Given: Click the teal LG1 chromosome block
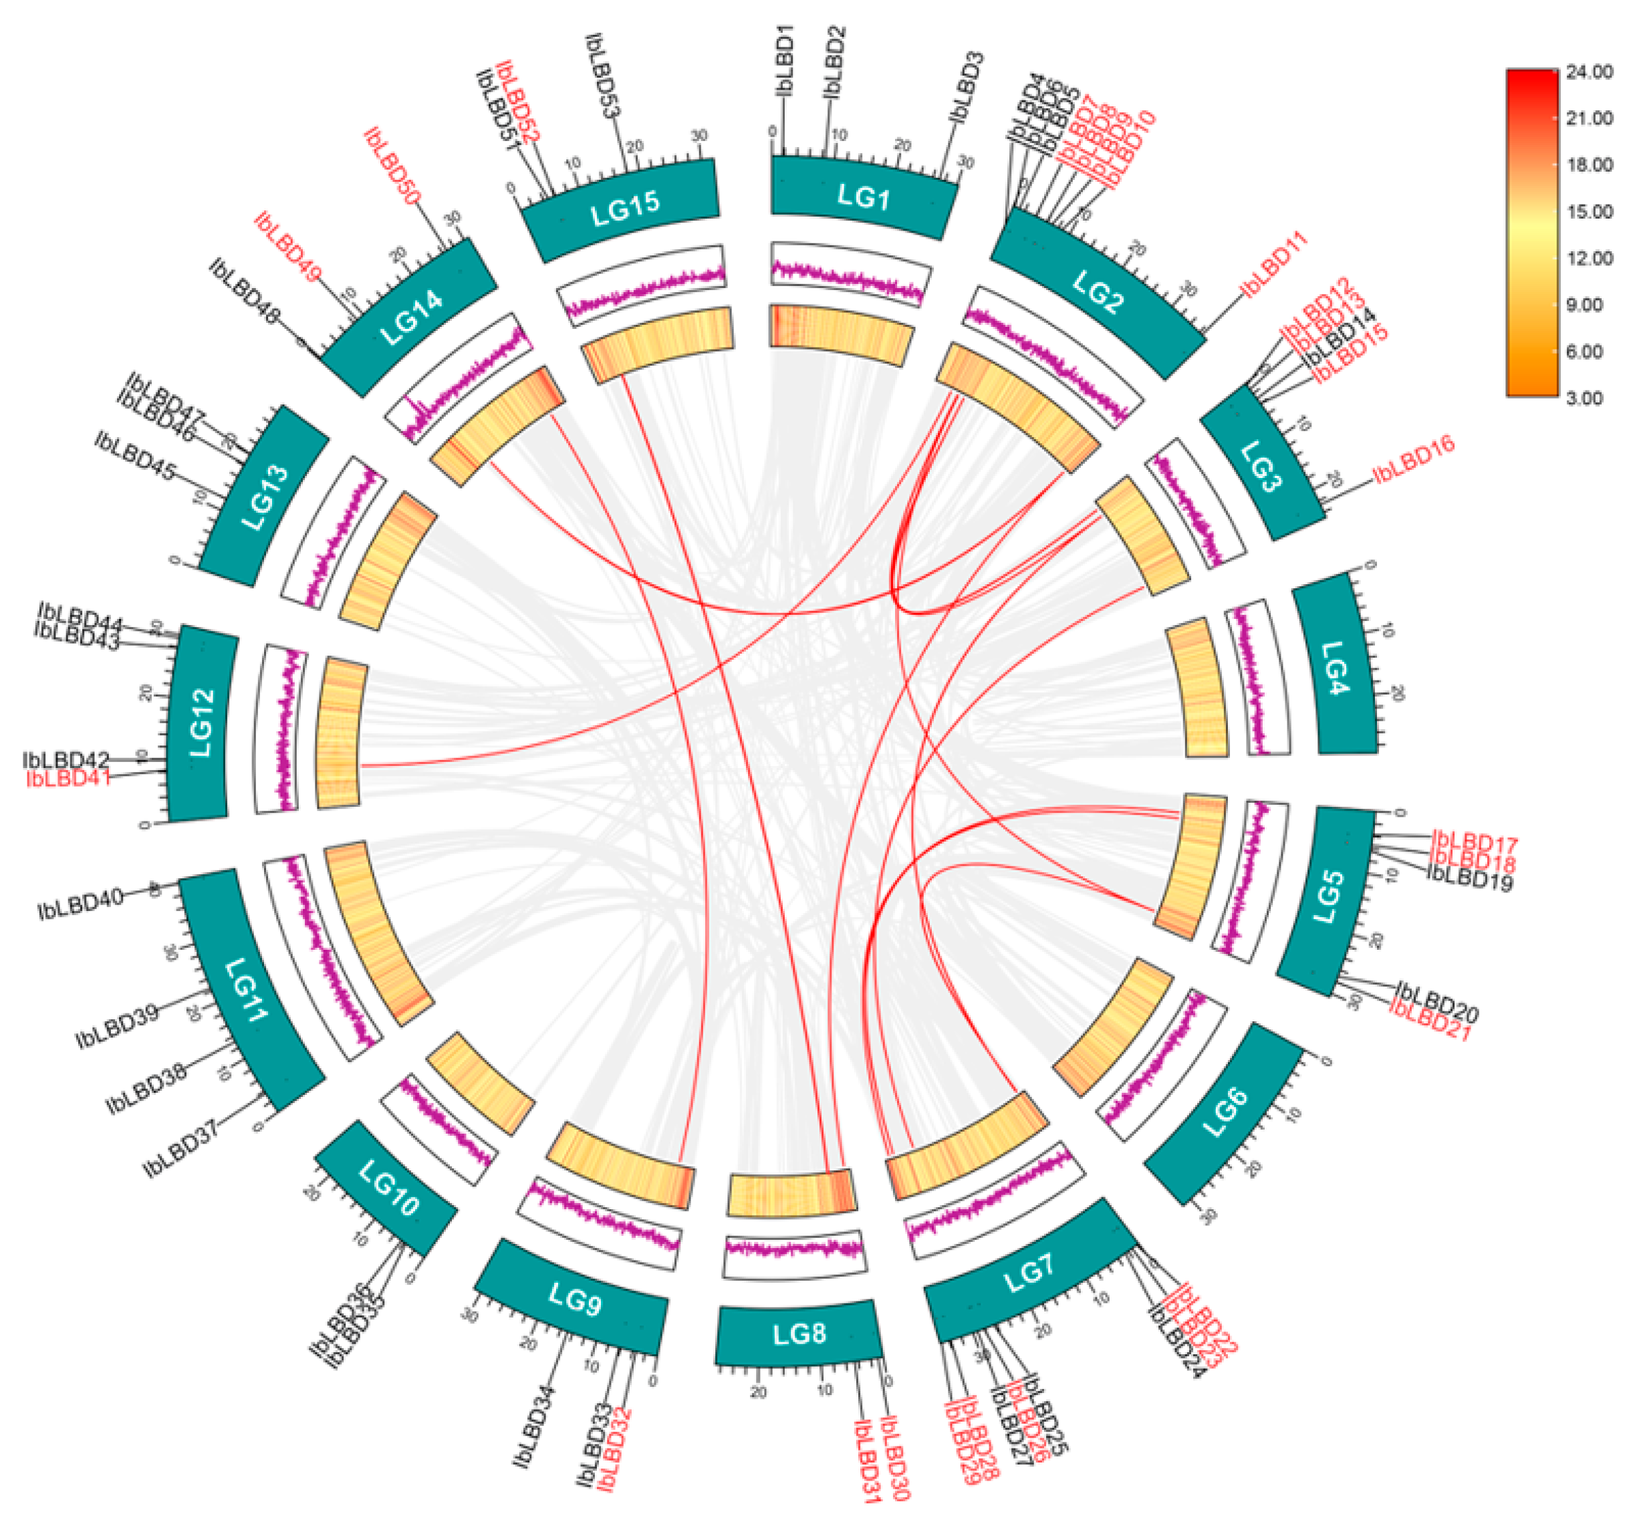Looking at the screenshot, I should (x=863, y=197).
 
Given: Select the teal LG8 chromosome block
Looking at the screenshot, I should (x=799, y=1335).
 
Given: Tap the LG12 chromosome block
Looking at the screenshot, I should (x=201, y=723).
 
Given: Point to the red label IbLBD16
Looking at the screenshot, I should (x=1414, y=459).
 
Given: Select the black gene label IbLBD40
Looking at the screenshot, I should (x=80, y=904).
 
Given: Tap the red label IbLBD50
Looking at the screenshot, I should (x=393, y=166).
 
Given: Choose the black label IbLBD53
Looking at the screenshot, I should (x=603, y=76).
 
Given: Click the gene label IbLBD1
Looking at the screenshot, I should (x=785, y=61).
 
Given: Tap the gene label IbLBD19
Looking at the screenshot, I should (x=1470, y=879).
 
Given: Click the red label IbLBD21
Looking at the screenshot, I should (x=1430, y=1023).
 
